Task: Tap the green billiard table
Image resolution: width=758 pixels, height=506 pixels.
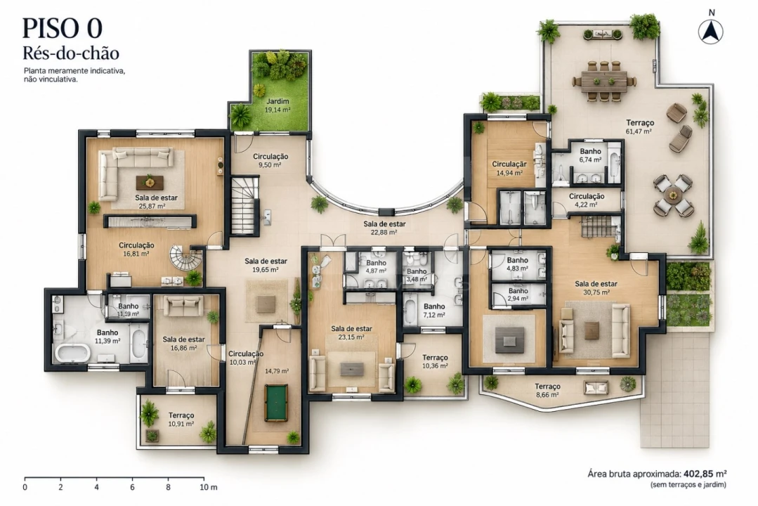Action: click(x=277, y=403)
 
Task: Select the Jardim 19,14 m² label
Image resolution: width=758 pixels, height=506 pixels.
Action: click(x=277, y=105)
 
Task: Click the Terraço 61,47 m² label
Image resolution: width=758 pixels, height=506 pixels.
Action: click(x=639, y=126)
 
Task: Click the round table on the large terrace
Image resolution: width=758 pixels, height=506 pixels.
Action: click(x=672, y=196)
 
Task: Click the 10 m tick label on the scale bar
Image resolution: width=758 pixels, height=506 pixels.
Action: click(x=209, y=487)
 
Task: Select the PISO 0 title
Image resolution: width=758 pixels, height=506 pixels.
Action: click(x=63, y=28)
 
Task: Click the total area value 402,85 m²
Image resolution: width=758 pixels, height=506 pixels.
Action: click(x=709, y=474)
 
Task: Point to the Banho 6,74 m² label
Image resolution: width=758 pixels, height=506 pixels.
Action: click(x=590, y=155)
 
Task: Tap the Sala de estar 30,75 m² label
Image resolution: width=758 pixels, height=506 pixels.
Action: click(x=596, y=288)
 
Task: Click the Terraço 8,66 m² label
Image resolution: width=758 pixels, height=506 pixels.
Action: click(x=547, y=390)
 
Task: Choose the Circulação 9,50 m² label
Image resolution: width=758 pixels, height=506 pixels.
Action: click(x=270, y=161)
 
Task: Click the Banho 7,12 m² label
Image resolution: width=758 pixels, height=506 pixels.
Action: click(x=434, y=310)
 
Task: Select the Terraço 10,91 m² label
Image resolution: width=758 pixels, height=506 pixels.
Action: click(x=181, y=420)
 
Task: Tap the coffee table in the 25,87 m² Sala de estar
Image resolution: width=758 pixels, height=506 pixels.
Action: click(x=150, y=183)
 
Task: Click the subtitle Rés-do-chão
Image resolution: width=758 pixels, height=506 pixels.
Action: click(x=71, y=53)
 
